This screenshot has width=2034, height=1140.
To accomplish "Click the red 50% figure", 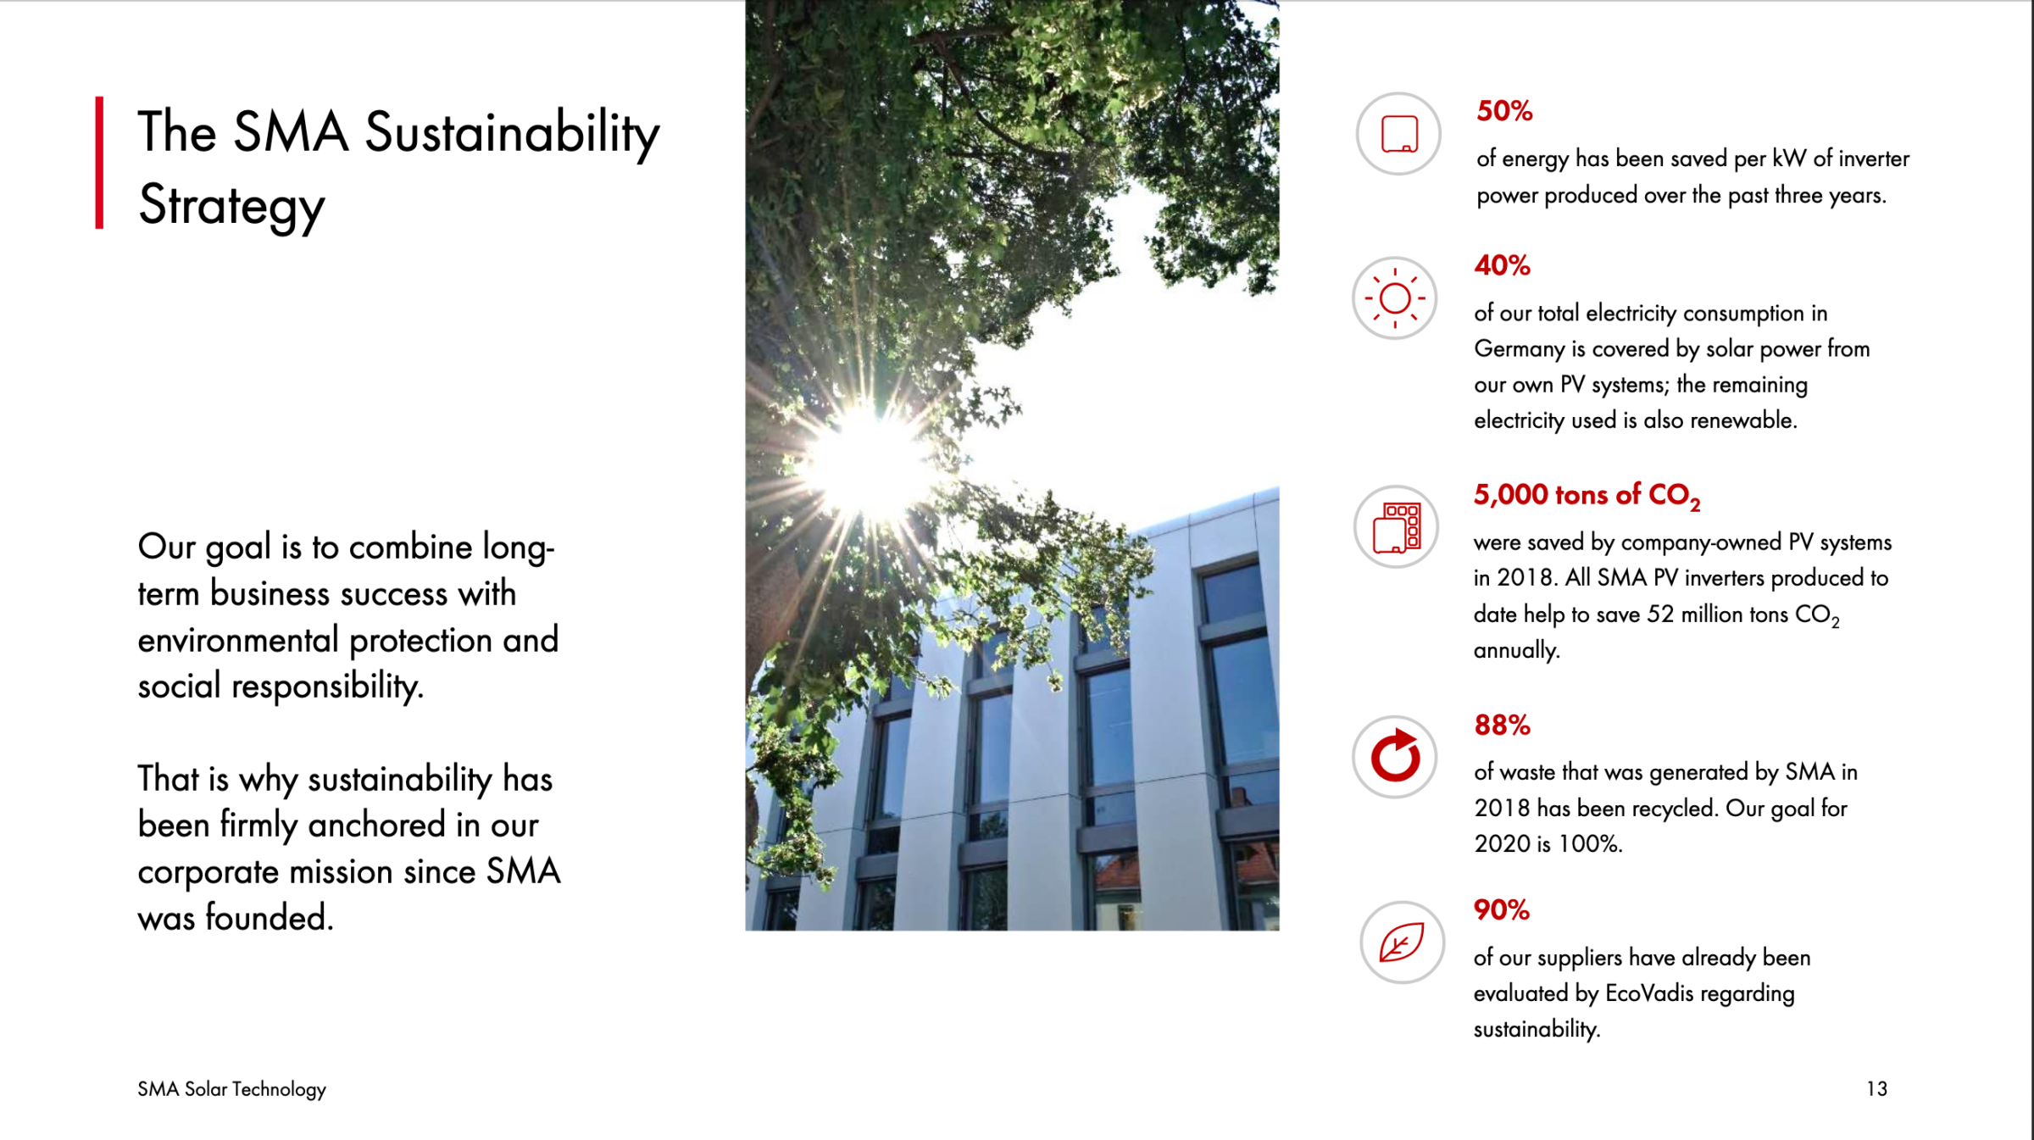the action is coord(1504,111).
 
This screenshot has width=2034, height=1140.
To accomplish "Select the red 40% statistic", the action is coord(1502,265).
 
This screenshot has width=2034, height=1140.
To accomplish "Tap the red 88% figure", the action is coord(1502,725).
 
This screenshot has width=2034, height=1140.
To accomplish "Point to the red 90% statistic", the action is coord(1502,909).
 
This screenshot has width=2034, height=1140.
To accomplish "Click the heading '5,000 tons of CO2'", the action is coord(1587,496).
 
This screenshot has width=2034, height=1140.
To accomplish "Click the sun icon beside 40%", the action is coord(1395,298).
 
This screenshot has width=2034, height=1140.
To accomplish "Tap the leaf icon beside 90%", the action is coord(1402,942).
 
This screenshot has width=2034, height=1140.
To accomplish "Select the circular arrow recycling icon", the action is coord(1395,756).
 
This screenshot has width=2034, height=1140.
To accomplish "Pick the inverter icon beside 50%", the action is coord(1398,134).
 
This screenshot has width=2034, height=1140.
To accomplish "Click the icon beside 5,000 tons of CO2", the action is coord(1396,526).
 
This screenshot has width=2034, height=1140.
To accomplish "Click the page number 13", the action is coord(1876,1088).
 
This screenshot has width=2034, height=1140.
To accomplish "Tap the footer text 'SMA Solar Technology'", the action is coord(231,1089).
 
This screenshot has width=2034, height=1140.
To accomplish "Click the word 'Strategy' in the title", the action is coord(231,205).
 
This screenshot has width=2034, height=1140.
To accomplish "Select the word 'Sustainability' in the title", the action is coord(512,134).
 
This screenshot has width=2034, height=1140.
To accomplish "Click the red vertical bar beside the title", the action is coord(99,163).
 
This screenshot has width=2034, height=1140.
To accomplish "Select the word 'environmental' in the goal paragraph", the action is coord(238,640).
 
